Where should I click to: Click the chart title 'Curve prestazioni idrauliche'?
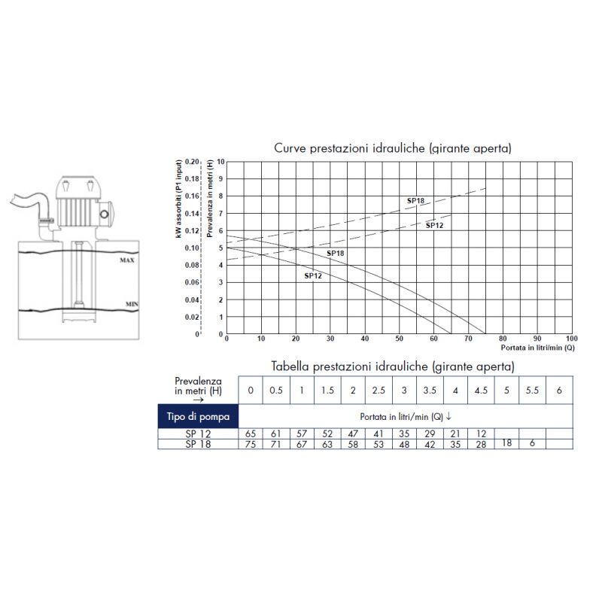[349, 148]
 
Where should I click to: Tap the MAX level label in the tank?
[127, 260]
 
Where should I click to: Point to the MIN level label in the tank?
[132, 304]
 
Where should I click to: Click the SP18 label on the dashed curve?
[416, 200]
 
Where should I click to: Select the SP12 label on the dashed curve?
[434, 225]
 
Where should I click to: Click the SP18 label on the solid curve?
[335, 254]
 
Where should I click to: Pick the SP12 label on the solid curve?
[313, 275]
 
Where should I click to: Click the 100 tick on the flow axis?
[571, 339]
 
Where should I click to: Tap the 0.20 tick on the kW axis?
[192, 162]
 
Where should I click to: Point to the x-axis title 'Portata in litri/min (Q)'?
[537, 348]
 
